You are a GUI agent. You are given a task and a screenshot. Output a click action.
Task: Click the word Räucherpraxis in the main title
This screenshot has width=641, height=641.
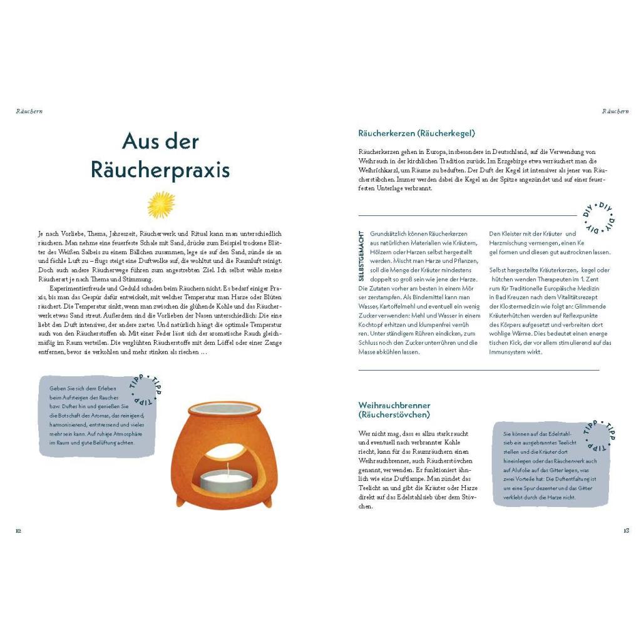(160, 170)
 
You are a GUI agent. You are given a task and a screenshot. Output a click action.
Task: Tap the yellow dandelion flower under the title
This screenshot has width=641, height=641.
(161, 205)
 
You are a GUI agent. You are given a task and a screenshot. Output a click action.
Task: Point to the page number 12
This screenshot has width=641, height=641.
(19, 531)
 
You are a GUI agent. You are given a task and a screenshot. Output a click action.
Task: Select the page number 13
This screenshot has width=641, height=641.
(626, 531)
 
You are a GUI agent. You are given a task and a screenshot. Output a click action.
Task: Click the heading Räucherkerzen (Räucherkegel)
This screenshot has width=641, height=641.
(416, 133)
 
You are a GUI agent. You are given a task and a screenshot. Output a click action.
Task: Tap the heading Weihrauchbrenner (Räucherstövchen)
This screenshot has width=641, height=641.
(394, 410)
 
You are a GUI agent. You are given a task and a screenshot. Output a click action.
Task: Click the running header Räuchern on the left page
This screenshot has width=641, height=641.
(29, 111)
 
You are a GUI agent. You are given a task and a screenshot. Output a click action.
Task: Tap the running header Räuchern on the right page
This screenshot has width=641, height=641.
(615, 111)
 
